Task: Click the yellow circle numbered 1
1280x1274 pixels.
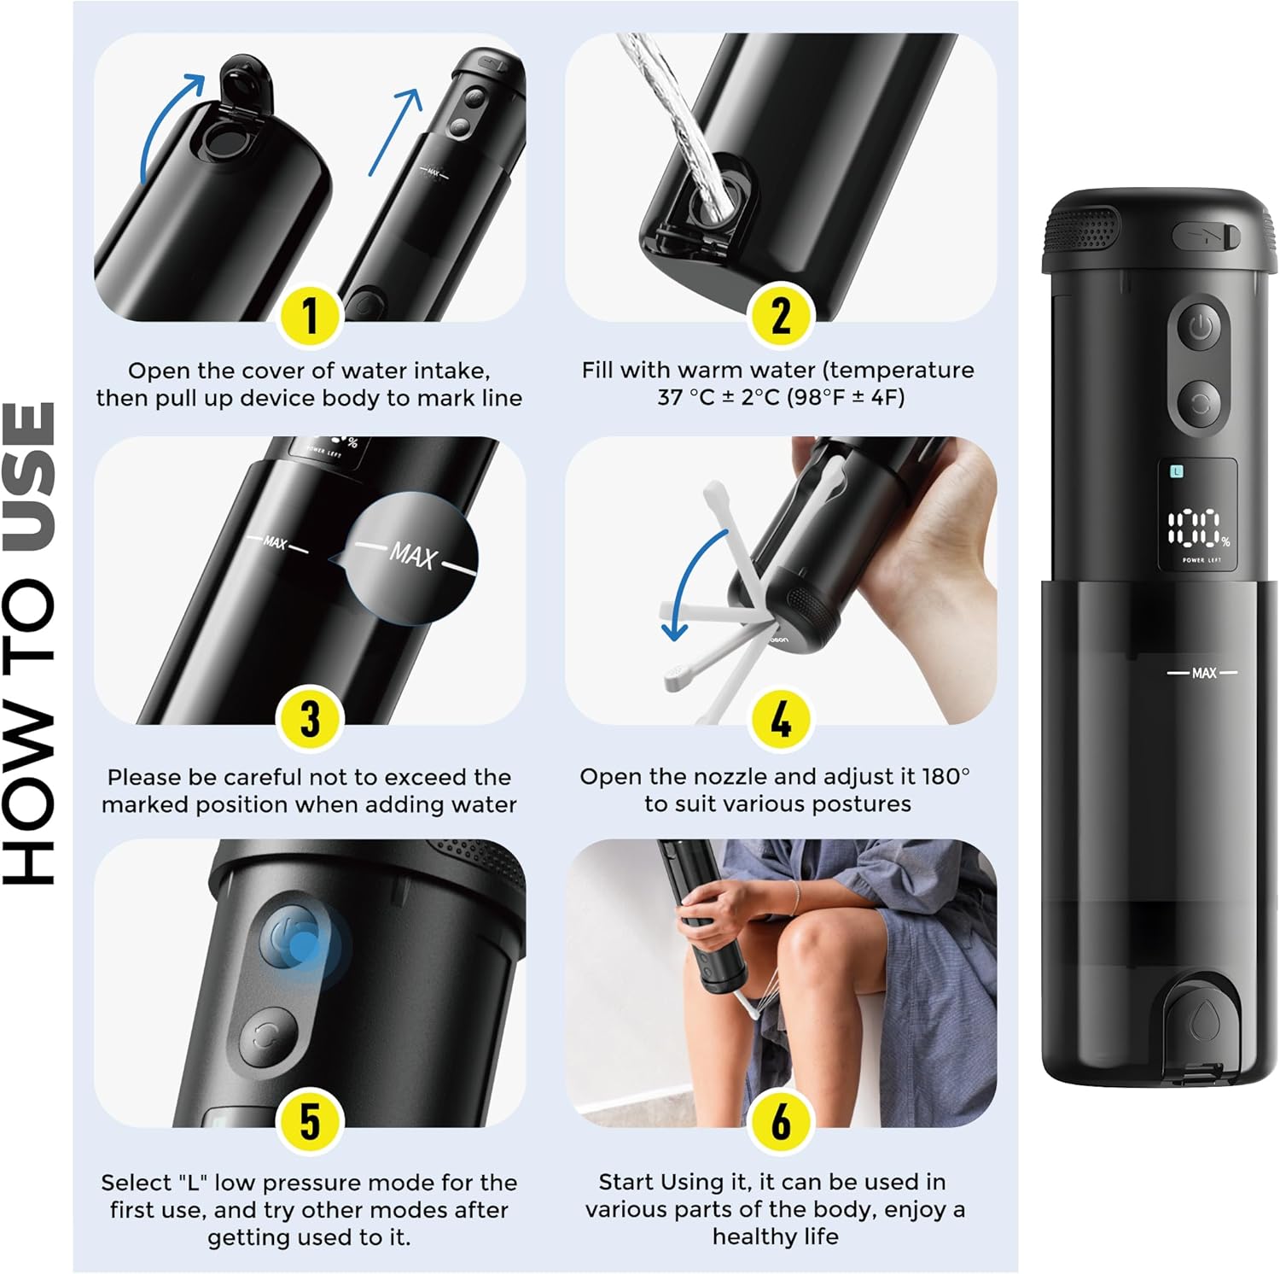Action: click(x=310, y=316)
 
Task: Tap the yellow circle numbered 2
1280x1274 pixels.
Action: click(x=781, y=316)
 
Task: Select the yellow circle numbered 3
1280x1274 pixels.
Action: click(x=310, y=719)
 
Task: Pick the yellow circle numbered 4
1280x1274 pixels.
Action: click(x=781, y=719)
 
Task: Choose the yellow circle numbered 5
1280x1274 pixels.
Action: click(x=310, y=1122)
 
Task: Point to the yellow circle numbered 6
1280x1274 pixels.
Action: click(x=781, y=1122)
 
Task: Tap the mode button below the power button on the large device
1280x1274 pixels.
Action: click(x=1200, y=404)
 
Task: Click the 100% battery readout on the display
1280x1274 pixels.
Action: click(x=1198, y=529)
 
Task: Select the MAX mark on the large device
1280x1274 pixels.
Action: click(x=1203, y=673)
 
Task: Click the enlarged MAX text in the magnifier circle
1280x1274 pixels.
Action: click(x=414, y=556)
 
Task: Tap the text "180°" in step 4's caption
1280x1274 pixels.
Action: click(x=945, y=776)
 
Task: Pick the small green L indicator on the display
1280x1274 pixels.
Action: click(x=1177, y=471)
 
